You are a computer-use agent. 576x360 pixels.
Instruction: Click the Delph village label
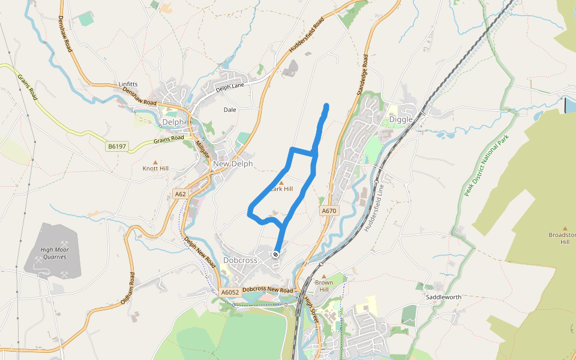pos(173,122)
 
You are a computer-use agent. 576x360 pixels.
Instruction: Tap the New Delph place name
pos(233,164)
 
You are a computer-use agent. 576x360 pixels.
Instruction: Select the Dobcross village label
pos(240,260)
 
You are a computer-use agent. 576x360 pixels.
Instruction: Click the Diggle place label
pos(401,119)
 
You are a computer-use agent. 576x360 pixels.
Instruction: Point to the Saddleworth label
pos(443,297)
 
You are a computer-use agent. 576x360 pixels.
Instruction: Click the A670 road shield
pos(329,211)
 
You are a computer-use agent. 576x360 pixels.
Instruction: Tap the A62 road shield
pos(181,194)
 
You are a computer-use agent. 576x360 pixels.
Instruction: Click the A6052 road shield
pos(230,292)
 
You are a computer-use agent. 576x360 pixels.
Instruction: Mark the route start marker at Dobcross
pos(276,254)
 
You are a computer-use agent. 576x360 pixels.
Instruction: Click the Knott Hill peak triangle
pos(155,162)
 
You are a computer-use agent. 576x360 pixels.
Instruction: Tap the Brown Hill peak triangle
pos(324,277)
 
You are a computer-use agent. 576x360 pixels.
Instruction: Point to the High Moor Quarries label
pos(53,253)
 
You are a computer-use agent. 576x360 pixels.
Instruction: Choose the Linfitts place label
pos(128,84)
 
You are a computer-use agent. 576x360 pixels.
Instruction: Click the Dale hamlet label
pos(230,110)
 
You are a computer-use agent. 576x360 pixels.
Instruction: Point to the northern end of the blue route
pos(327,106)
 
